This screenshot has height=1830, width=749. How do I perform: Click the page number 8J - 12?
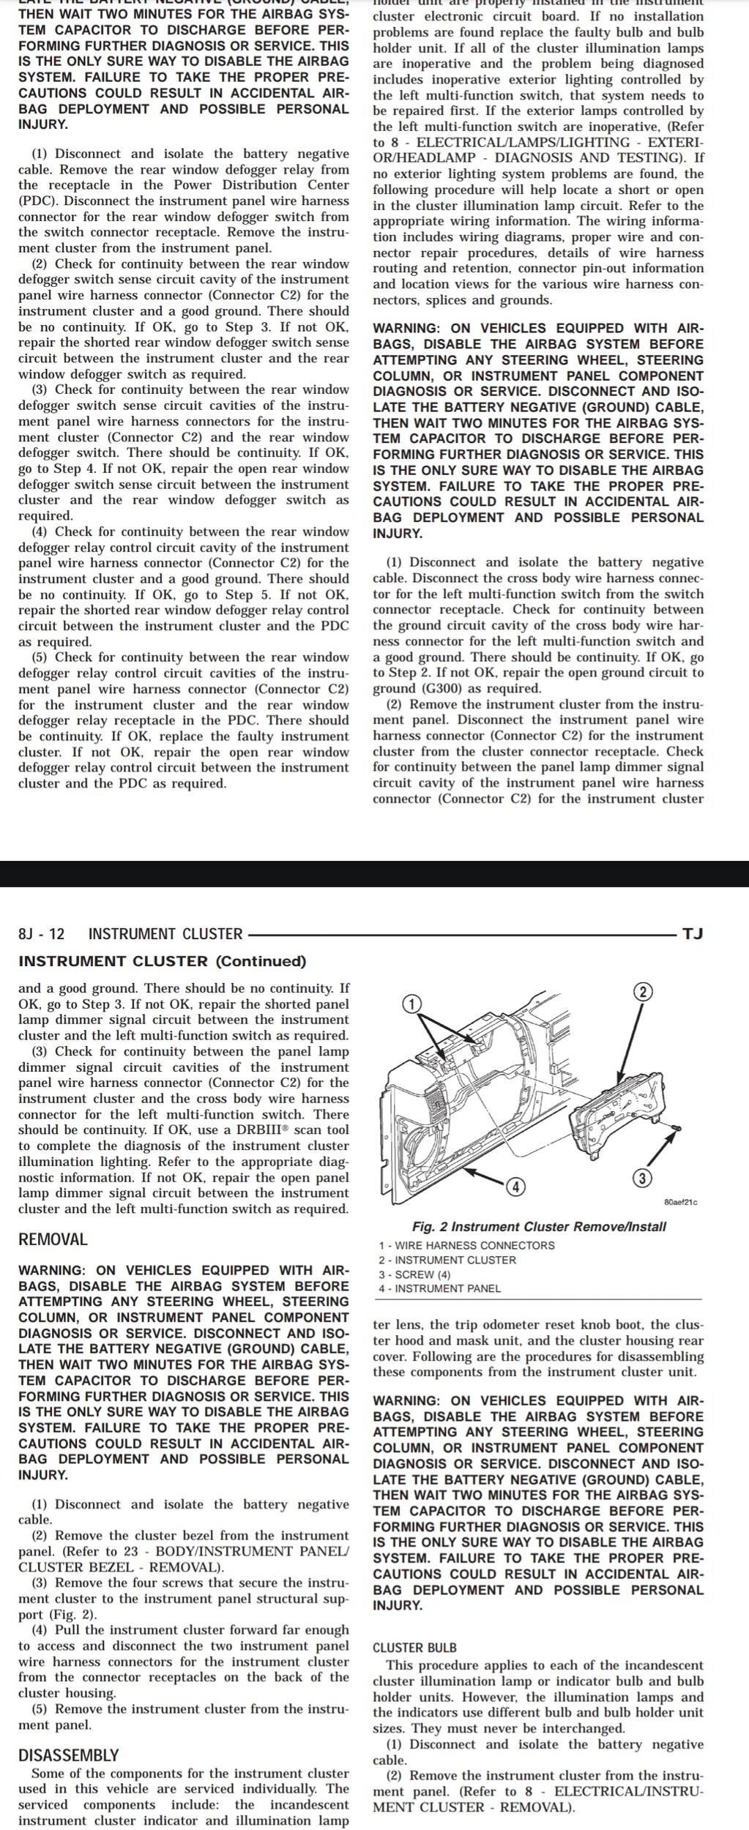click(41, 934)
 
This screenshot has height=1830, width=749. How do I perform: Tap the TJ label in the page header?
click(692, 934)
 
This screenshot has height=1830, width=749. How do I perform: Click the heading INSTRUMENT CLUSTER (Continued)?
click(162, 961)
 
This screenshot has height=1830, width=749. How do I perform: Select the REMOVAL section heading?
click(53, 1239)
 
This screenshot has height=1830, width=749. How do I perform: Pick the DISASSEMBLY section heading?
click(68, 1755)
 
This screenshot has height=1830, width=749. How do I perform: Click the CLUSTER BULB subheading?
click(414, 1648)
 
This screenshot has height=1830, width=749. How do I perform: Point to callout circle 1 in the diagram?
click(412, 1004)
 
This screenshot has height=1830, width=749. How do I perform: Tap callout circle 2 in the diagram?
click(643, 992)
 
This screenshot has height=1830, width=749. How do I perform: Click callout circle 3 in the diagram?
click(642, 1179)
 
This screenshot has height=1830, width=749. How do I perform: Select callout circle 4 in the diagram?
click(516, 1187)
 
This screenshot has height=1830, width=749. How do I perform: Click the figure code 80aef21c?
click(681, 1202)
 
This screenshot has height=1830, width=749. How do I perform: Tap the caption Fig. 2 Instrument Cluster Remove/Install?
click(539, 1227)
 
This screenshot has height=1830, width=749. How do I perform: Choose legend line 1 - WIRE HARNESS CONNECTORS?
click(466, 1246)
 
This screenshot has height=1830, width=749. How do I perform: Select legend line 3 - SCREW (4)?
click(414, 1274)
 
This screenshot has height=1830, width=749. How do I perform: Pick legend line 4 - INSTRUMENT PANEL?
click(440, 1288)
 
